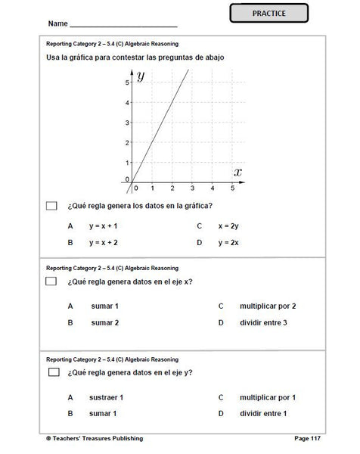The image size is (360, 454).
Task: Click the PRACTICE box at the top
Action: [259, 14]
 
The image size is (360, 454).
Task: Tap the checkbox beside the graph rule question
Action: [51, 205]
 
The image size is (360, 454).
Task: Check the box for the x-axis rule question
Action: [51, 281]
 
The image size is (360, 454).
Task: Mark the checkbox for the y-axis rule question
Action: [54, 372]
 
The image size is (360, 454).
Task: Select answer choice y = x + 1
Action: [104, 225]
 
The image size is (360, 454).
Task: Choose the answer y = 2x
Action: [228, 243]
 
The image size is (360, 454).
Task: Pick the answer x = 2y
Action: [228, 225]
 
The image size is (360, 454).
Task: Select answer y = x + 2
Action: [104, 243]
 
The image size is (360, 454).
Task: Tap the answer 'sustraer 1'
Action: [106, 397]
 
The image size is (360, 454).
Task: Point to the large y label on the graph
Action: [141, 74]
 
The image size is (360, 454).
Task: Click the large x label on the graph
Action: [237, 172]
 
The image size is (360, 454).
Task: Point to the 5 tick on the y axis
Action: [127, 82]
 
